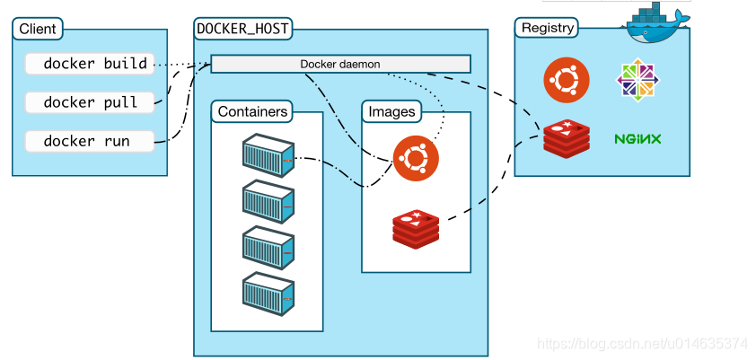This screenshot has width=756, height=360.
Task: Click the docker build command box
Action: (87, 64)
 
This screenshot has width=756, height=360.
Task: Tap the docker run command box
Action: (87, 141)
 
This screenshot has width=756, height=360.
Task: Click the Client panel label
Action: (37, 29)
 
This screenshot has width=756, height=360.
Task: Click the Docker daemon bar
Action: (340, 64)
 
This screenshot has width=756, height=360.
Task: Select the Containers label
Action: (253, 111)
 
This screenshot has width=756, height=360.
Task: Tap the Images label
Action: (392, 111)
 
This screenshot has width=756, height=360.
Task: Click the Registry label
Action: (547, 27)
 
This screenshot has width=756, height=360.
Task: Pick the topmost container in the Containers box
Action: (268, 154)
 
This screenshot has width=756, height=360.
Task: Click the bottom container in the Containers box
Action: (268, 292)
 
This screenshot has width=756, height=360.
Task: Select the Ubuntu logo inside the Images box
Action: (416, 159)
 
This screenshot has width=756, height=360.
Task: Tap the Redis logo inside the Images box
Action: (416, 227)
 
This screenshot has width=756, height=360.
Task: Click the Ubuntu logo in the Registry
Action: (567, 79)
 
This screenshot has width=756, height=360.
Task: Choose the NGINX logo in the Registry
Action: (637, 139)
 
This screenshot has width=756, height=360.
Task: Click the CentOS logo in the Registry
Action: (637, 80)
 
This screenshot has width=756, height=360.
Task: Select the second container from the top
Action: (268, 200)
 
